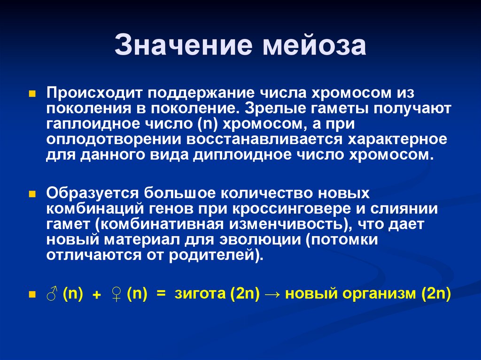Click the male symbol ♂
[x=52, y=294]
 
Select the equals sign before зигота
[x=162, y=295]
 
